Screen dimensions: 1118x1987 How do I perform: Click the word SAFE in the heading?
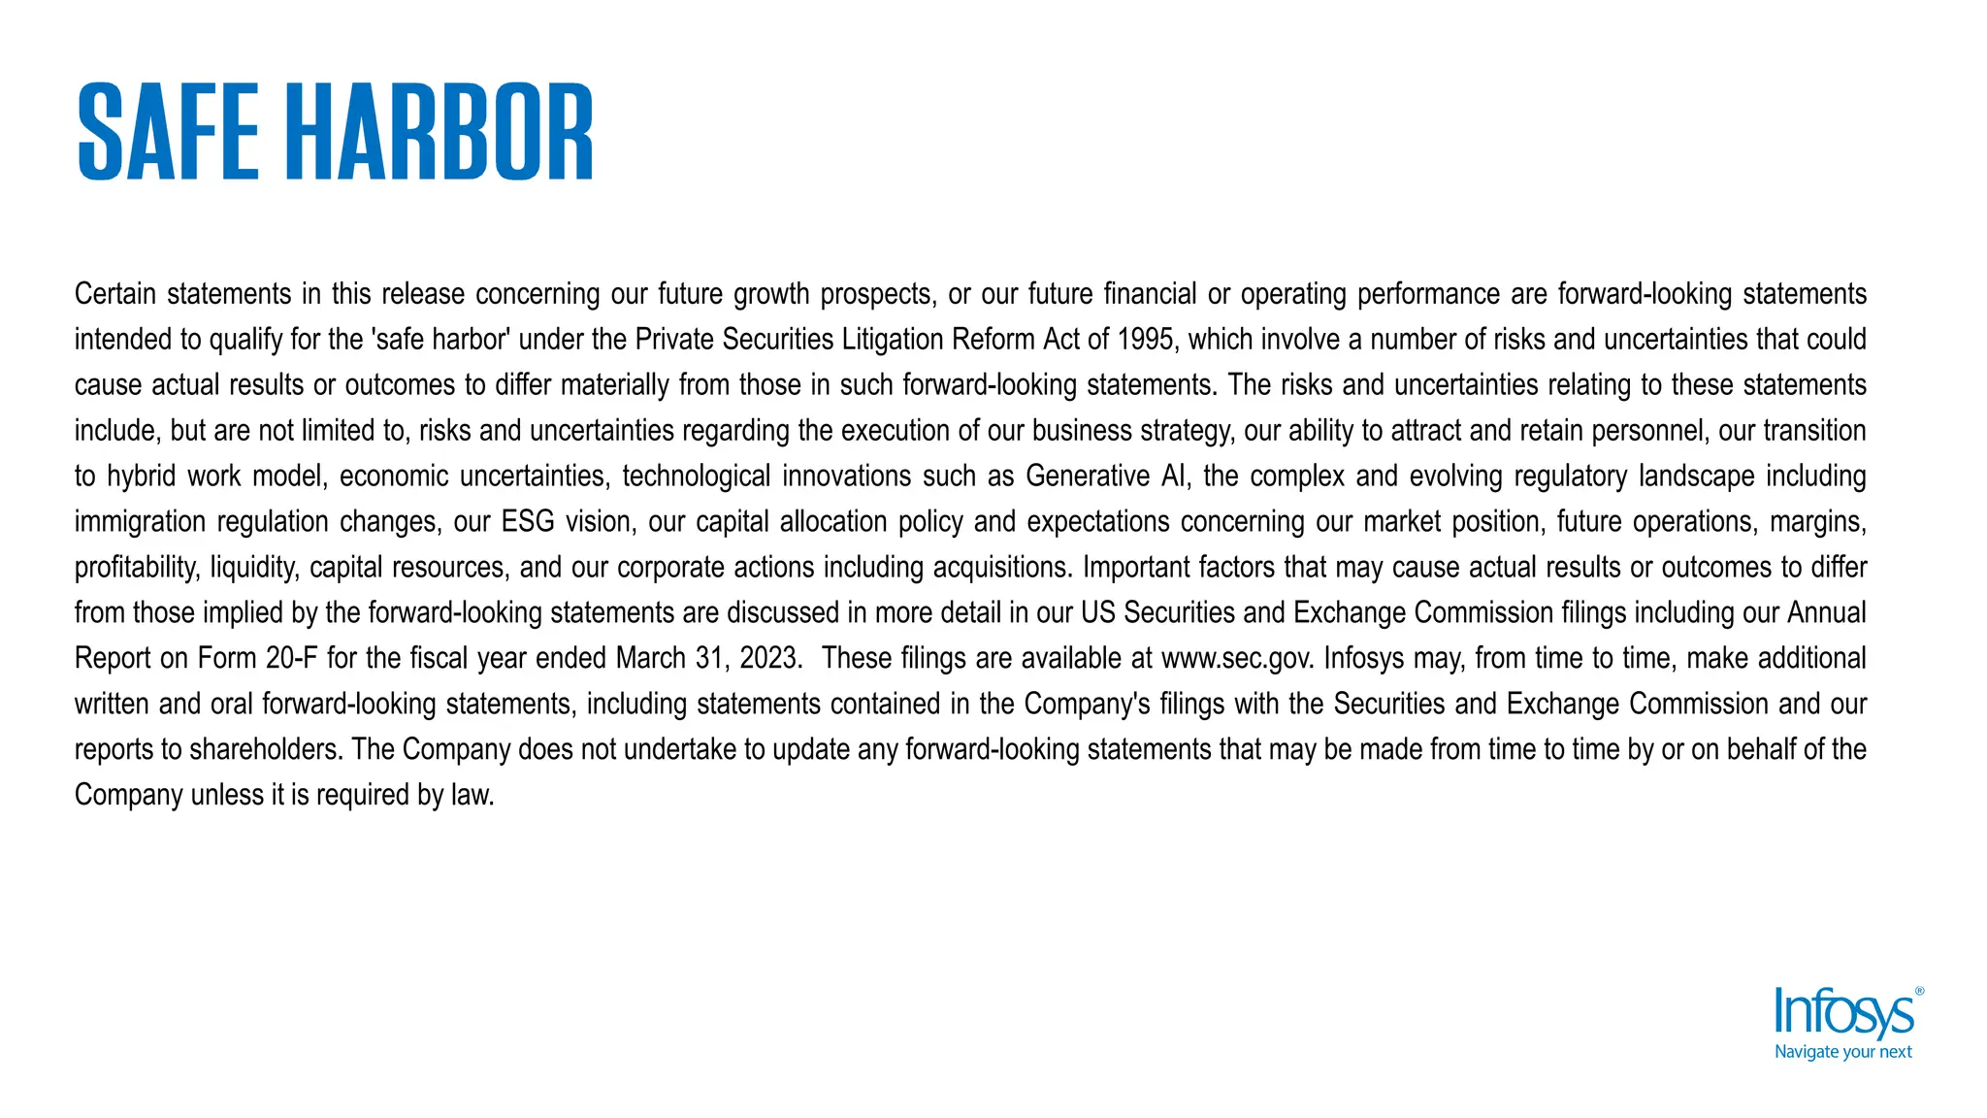(x=168, y=132)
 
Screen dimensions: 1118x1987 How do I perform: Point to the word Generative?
(x=1088, y=477)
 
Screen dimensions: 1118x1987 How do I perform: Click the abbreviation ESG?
(x=527, y=522)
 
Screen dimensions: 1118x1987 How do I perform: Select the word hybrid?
(x=141, y=477)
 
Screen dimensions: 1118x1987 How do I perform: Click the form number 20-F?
(x=291, y=659)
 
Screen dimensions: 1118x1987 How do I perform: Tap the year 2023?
(x=769, y=659)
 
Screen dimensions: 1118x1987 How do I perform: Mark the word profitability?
(x=137, y=568)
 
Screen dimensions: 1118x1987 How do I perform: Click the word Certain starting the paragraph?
(x=115, y=294)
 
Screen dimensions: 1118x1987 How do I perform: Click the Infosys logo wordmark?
(x=1843, y=1014)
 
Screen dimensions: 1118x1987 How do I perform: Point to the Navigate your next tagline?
(x=1842, y=1052)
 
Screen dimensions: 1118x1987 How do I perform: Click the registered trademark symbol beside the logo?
(x=1919, y=992)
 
